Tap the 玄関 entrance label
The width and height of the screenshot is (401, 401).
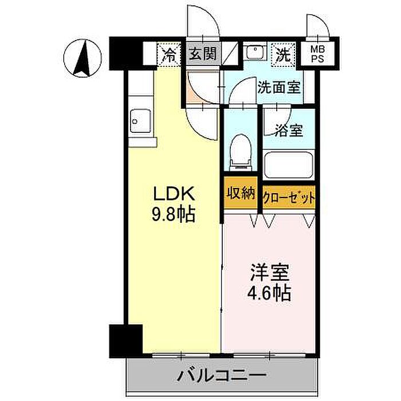coord(203,54)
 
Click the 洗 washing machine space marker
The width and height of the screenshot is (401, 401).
coord(284,55)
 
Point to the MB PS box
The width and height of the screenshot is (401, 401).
coord(317,54)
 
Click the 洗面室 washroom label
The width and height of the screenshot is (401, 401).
coord(279,88)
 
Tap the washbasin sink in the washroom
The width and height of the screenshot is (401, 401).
coord(255,53)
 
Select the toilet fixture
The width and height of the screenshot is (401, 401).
coord(240,152)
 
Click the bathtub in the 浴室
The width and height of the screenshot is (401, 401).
coord(289,166)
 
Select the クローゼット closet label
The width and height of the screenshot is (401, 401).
coord(289,197)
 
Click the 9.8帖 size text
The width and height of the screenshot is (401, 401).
coord(174,214)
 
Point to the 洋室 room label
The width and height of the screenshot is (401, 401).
coord(270,273)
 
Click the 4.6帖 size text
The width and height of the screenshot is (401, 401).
coord(269,293)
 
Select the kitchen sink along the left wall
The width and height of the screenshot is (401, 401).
coord(140,120)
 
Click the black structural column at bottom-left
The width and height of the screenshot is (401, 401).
coord(126,341)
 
